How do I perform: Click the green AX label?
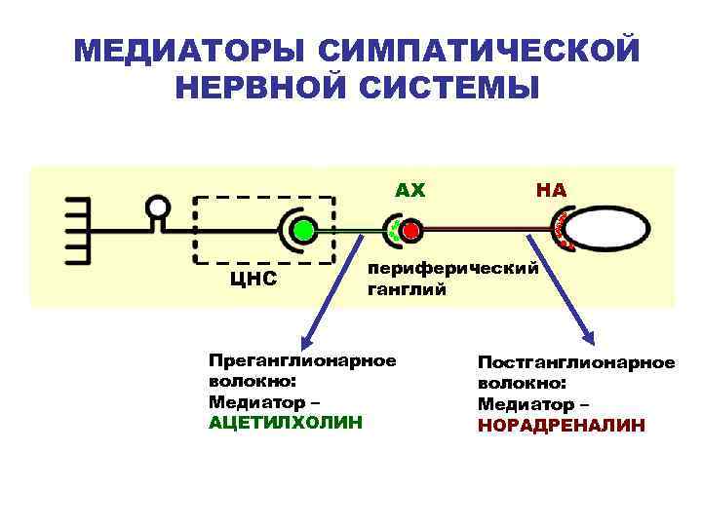410,190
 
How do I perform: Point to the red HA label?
551,190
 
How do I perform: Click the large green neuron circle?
303,231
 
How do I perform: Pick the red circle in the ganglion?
410,231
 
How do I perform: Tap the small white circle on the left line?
157,207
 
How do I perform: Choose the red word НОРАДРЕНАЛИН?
561,426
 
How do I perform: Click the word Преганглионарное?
302,360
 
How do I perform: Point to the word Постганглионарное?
575,362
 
